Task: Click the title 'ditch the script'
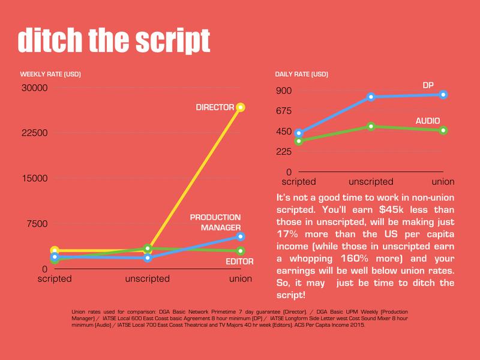tap(113, 40)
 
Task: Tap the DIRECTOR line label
tap(215, 107)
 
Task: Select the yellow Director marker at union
tap(241, 107)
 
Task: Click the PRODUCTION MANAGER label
tap(215, 222)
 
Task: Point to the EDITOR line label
tap(239, 261)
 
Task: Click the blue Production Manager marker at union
tap(241, 236)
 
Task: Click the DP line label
tap(428, 85)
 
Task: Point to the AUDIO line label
tap(428, 121)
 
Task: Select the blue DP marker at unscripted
tap(371, 97)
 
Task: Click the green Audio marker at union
tap(443, 130)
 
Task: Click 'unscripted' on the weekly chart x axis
tap(148, 279)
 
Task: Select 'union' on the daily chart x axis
tap(443, 182)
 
